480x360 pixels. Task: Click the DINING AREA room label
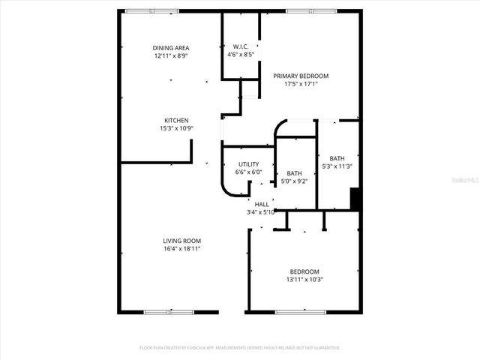click(171, 47)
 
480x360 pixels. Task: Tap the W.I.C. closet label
click(241, 46)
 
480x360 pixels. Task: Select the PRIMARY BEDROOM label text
click(301, 76)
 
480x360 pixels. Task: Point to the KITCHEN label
click(176, 120)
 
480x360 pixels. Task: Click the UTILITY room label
click(248, 164)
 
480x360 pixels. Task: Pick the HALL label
click(262, 204)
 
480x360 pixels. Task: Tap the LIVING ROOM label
click(182, 241)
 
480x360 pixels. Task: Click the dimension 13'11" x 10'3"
click(305, 280)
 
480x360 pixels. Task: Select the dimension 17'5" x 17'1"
click(301, 84)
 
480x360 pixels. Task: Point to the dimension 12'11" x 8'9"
click(171, 55)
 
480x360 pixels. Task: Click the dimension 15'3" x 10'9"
click(176, 128)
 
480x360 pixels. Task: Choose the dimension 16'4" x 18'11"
click(182, 249)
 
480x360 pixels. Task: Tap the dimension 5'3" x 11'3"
click(337, 166)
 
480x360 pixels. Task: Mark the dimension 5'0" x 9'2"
click(294, 181)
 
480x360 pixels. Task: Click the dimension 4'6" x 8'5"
click(241, 55)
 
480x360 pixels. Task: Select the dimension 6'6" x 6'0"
click(248, 172)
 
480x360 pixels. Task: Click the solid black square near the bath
click(356, 200)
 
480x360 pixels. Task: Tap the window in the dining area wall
click(151, 10)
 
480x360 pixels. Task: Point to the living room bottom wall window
click(161, 311)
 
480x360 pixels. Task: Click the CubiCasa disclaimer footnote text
click(240, 348)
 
